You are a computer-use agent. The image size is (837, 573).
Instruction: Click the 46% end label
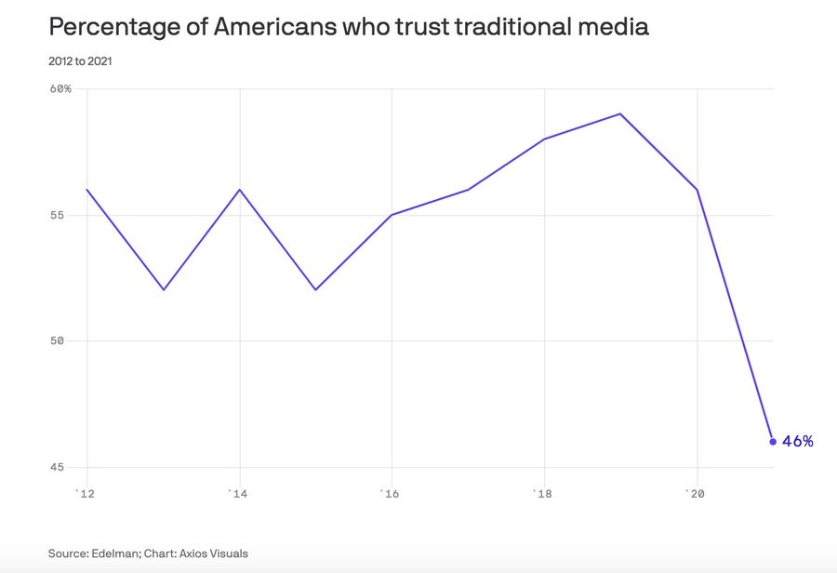coord(798,441)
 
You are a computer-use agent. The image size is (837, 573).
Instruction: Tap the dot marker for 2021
coord(773,441)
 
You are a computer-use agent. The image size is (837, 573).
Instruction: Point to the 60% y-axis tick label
coord(60,89)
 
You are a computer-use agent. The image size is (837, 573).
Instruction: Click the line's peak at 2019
coord(620,113)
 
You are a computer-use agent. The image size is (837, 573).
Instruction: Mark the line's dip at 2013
coord(164,290)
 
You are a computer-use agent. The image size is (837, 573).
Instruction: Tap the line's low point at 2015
coord(315,290)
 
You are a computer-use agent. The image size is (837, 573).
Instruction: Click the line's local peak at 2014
coord(240,190)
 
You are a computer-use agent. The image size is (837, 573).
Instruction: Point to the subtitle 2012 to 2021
coord(82,61)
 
